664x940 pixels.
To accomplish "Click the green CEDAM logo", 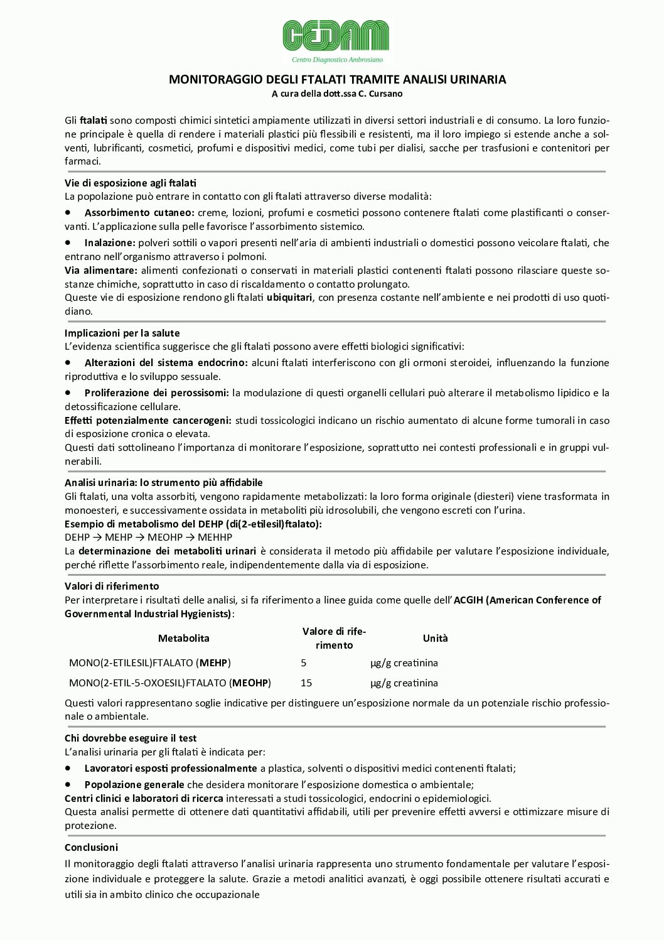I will [x=336, y=35].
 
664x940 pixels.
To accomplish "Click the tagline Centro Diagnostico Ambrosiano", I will [x=337, y=60].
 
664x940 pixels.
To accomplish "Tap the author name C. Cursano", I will [x=380, y=94].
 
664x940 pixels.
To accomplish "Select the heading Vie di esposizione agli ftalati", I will [x=131, y=183].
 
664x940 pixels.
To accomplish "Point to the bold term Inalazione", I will [x=110, y=243].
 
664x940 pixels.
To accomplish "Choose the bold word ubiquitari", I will [x=289, y=298].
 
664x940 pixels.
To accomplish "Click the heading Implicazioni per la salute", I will [x=122, y=333].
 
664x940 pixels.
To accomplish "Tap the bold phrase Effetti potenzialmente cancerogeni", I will [x=148, y=421].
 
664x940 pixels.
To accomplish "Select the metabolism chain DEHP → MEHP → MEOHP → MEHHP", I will [x=148, y=538].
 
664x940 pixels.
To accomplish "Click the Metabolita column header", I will [x=183, y=639].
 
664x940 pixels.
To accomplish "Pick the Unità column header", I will [x=435, y=639].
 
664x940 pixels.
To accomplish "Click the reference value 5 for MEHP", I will [x=304, y=663].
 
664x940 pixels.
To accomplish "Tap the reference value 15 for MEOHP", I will [x=306, y=683].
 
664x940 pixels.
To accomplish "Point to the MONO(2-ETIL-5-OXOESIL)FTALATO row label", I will [x=169, y=683].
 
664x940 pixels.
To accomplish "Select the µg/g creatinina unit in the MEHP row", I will [x=404, y=663].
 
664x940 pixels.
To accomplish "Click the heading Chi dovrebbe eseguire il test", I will [x=131, y=738].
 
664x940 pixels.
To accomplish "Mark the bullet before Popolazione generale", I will [x=68, y=784].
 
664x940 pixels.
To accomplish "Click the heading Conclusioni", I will [x=91, y=848].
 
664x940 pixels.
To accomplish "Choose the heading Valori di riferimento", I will [x=112, y=586].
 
